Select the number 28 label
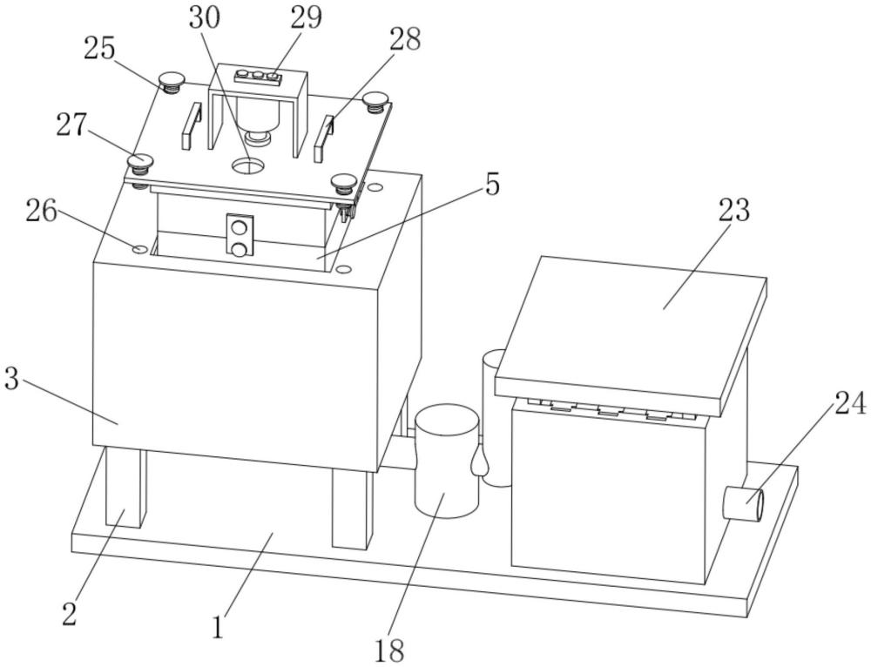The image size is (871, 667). tap(405, 39)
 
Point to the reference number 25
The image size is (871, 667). tap(99, 49)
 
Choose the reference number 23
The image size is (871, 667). tap(734, 211)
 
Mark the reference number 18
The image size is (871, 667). tap(388, 650)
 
